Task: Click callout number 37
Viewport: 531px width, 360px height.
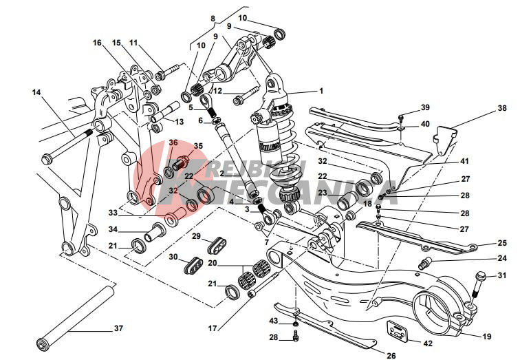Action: point(118,328)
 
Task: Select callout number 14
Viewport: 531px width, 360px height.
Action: point(36,91)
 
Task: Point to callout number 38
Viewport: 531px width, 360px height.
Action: point(501,109)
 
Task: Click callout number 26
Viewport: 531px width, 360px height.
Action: point(391,355)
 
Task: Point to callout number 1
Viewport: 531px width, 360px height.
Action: point(321,90)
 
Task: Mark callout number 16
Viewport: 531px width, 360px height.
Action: point(97,43)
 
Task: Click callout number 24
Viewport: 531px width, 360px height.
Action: point(501,259)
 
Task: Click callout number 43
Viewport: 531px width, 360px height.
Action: point(272,322)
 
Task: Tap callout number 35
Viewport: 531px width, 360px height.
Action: point(198,146)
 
